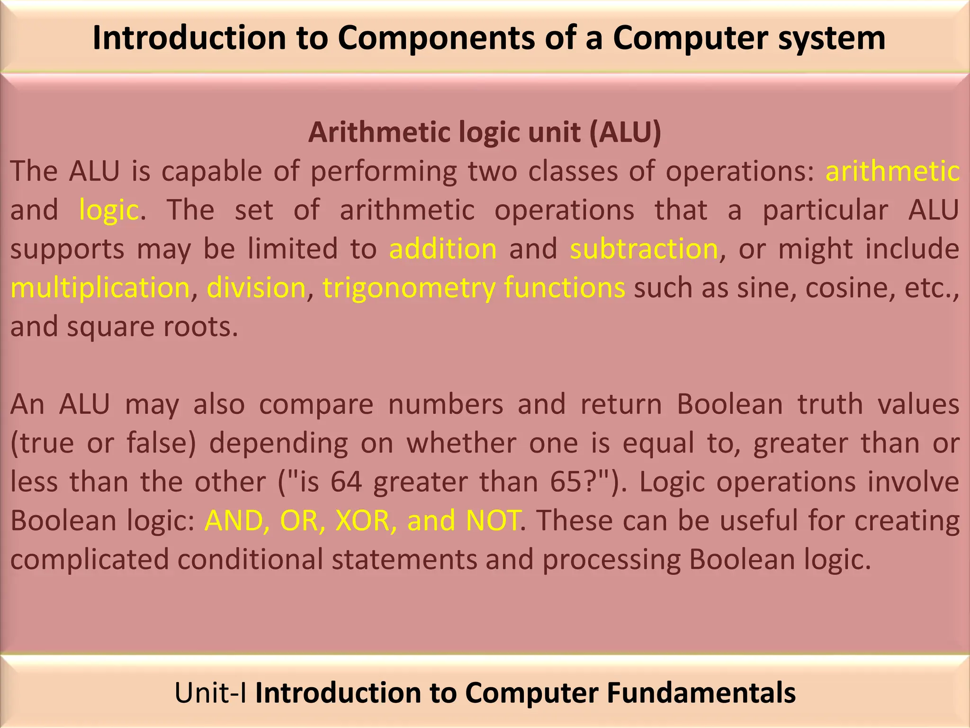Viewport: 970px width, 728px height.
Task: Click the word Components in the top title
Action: click(x=436, y=38)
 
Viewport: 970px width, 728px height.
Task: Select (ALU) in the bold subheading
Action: click(x=625, y=132)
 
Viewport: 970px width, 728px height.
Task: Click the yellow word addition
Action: click(x=443, y=249)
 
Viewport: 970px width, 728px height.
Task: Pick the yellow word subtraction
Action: click(x=644, y=249)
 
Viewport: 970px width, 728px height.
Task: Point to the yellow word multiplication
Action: click(x=100, y=288)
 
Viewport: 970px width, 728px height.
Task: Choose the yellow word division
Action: click(x=256, y=288)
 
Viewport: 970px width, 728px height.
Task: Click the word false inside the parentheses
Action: click(x=161, y=443)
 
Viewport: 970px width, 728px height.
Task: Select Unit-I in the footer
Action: click(x=210, y=693)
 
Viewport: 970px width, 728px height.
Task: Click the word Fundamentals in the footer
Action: click(x=701, y=693)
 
